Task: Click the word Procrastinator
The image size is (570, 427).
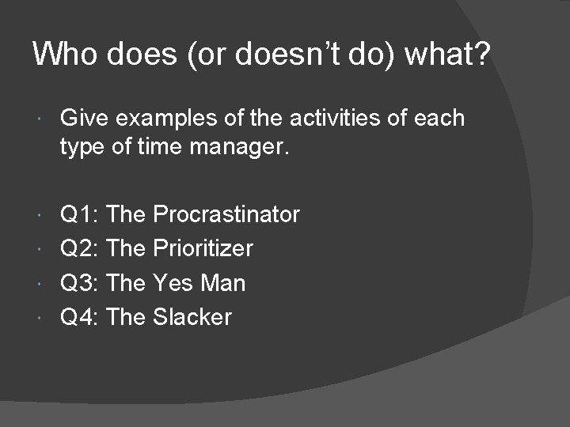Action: (226, 214)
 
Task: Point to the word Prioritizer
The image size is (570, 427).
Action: (203, 248)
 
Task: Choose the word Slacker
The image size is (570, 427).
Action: (192, 317)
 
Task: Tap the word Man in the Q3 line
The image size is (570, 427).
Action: (226, 283)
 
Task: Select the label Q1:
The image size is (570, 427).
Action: (79, 214)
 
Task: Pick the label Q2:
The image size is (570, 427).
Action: (79, 248)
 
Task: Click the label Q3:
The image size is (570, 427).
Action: (79, 283)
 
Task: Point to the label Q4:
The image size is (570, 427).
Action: (79, 317)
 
